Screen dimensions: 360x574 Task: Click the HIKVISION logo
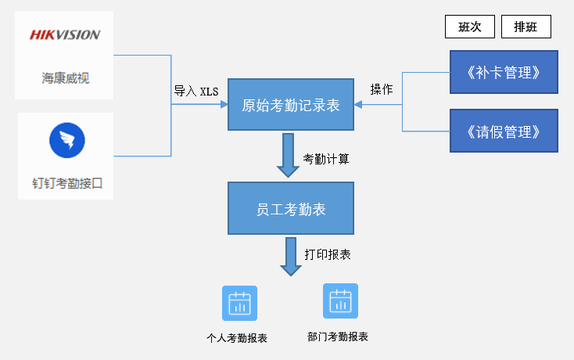[65, 35]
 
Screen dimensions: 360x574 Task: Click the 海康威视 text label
[66, 78]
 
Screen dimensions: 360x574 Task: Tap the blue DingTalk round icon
[66, 141]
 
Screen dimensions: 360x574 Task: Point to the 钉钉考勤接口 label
[67, 184]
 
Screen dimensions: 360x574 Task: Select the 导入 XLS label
[196, 91]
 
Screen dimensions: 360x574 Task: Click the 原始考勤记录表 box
[290, 105]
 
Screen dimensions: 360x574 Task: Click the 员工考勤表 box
[290, 208]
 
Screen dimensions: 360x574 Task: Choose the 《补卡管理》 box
[504, 73]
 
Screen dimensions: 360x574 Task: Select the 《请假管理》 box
[504, 131]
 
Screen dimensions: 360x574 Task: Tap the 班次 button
[469, 27]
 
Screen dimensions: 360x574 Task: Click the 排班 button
[526, 27]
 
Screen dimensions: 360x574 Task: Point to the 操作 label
[382, 89]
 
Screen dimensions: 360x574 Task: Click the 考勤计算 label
[326, 158]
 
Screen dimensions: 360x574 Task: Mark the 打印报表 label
[328, 254]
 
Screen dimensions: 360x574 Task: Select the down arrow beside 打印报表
[291, 256]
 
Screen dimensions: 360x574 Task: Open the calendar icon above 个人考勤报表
[239, 303]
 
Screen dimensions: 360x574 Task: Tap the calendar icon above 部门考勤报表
[340, 301]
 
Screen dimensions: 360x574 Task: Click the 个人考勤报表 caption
[237, 339]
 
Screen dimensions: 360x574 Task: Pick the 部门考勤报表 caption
[338, 337]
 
